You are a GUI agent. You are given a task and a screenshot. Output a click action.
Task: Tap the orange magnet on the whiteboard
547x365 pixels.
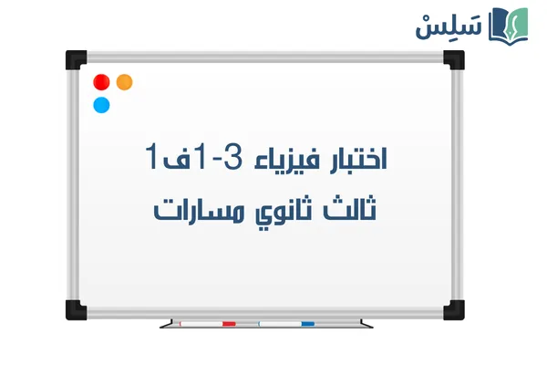point(125,81)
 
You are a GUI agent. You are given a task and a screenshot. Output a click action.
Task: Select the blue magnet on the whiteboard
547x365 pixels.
point(101,104)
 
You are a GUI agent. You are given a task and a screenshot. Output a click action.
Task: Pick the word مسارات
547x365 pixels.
point(195,209)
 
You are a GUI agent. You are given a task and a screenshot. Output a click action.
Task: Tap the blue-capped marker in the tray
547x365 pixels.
point(286,323)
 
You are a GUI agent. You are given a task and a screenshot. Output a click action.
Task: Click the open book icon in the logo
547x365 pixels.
point(511,25)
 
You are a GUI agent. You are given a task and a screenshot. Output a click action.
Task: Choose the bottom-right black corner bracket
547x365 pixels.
point(453,306)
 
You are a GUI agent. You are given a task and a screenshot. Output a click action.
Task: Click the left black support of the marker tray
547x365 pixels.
point(164,324)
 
